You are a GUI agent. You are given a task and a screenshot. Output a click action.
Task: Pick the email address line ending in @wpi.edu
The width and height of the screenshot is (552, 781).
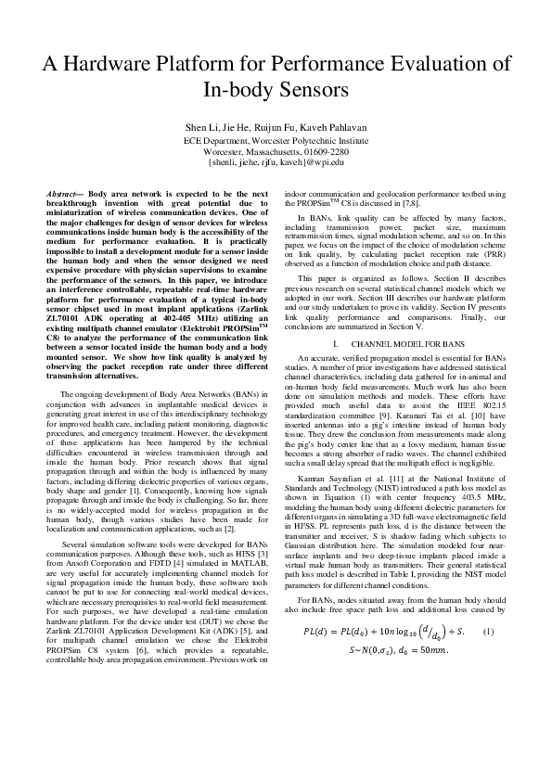(276, 161)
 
